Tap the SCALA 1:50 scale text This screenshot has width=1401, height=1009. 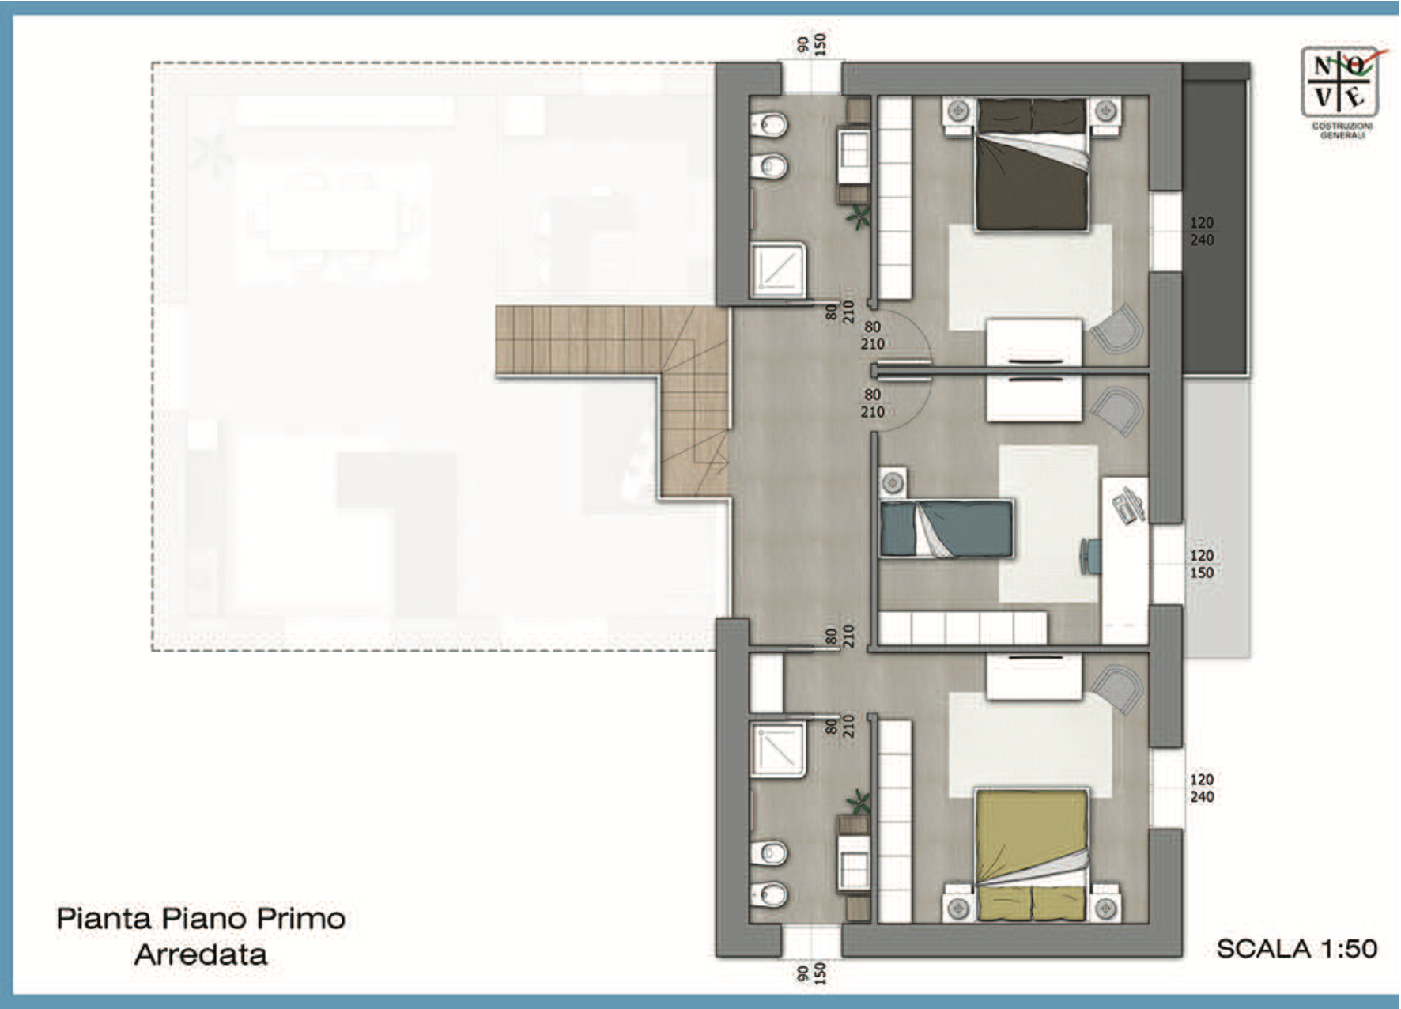1297,948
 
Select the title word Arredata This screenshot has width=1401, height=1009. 201,954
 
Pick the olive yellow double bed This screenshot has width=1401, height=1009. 1032,855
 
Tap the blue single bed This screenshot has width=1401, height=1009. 946,528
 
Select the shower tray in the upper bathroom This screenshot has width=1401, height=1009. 779,270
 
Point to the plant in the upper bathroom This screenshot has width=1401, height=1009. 857,217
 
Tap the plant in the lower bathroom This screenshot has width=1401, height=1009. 857,803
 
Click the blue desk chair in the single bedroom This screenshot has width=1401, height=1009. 1089,556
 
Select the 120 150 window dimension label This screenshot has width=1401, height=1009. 1202,564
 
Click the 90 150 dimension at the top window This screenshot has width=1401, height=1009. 812,43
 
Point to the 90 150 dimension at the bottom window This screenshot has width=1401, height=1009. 812,973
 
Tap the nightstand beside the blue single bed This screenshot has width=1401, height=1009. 893,482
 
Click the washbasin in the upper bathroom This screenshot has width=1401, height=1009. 854,149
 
